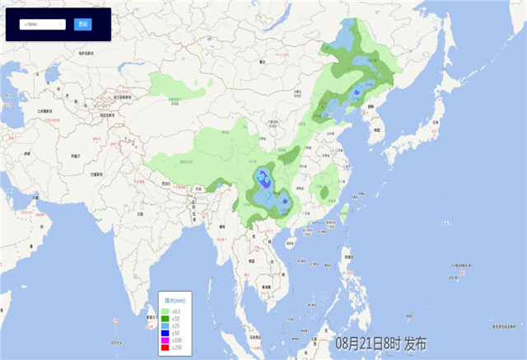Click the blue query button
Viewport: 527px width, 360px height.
[x=82, y=25]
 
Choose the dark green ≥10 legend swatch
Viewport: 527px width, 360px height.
[x=165, y=311]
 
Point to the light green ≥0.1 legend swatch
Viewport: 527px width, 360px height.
[x=165, y=303]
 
